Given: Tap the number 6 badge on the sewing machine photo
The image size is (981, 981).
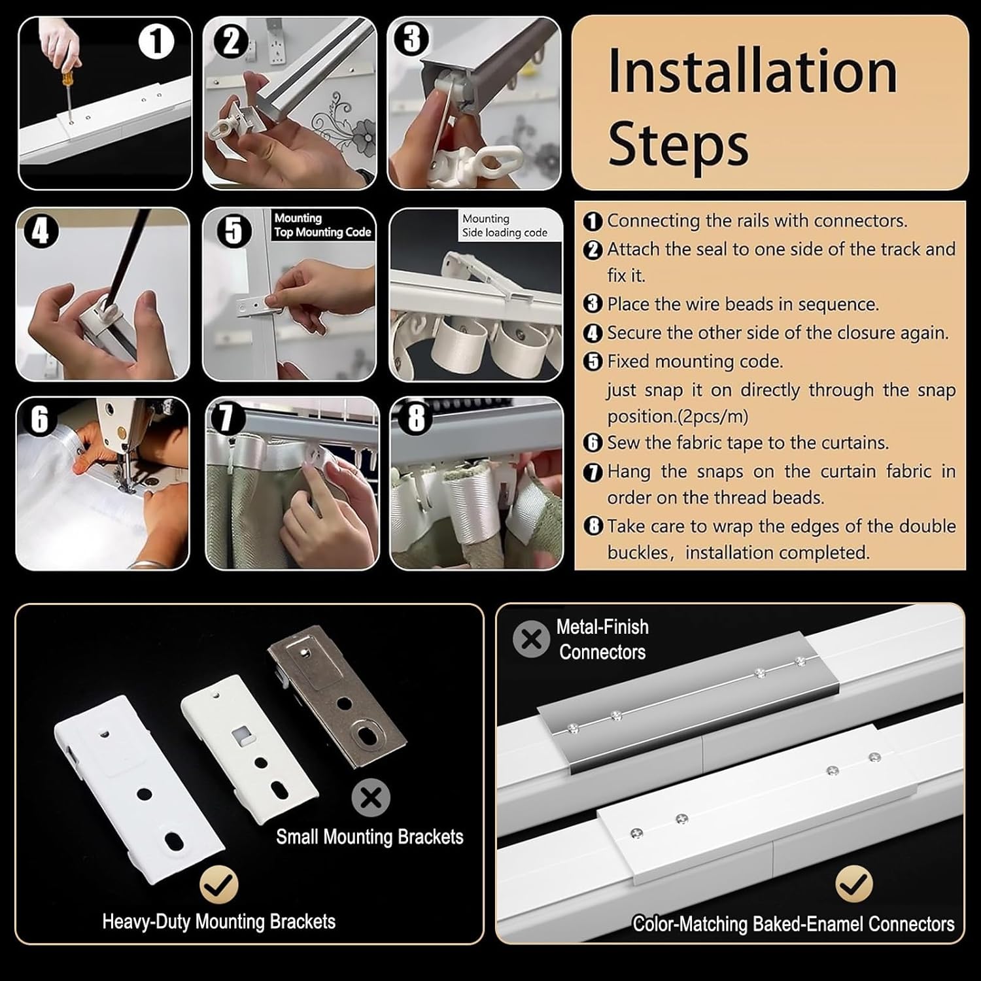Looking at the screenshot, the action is coord(39,419).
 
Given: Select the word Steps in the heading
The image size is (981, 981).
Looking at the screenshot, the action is coord(678,143).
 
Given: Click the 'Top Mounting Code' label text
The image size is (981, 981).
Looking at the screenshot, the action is coord(322,232).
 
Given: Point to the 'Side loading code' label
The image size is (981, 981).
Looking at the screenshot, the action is coord(505,233).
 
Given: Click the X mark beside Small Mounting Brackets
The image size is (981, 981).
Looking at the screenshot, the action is coord(371,798).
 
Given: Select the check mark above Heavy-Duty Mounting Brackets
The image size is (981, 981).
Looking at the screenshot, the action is coord(219,885).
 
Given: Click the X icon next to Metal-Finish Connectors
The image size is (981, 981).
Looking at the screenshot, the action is coord(532,639).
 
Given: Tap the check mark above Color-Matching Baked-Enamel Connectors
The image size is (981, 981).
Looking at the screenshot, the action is coord(853,884).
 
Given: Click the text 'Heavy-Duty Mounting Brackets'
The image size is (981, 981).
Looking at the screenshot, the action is coord(218,922).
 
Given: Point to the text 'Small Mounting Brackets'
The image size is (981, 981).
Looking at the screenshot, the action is coord(370,837).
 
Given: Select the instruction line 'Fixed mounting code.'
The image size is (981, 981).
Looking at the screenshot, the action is coord(695,362).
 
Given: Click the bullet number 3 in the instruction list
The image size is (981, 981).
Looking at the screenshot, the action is coord(592,304).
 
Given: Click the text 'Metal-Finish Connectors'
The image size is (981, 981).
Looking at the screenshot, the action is coord(602,639).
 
